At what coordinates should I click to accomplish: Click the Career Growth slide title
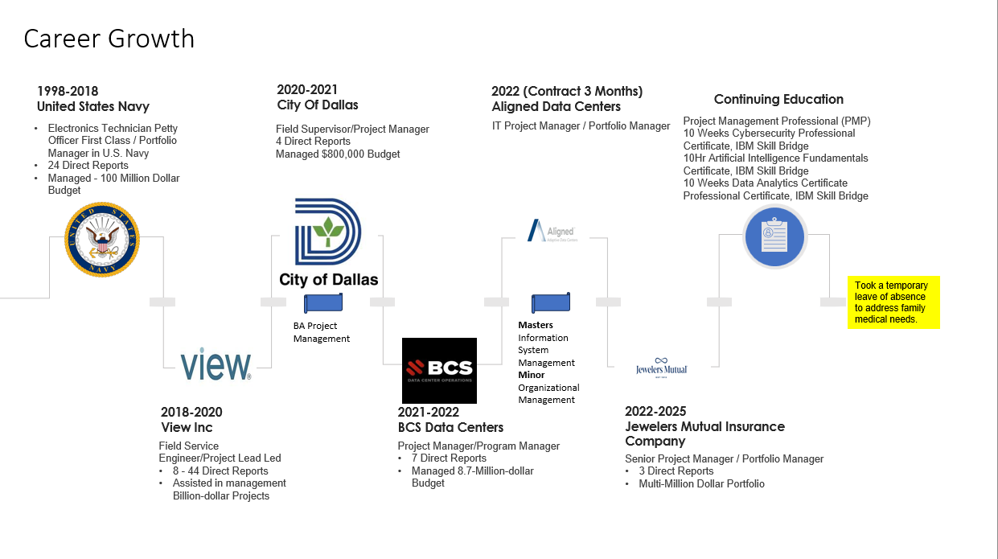(x=109, y=39)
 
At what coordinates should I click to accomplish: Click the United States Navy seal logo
(x=102, y=240)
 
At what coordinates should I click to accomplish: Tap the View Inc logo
(x=216, y=365)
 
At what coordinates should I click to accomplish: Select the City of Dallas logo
(x=328, y=243)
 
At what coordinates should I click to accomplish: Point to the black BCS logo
(x=439, y=370)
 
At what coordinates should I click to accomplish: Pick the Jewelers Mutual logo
(x=660, y=367)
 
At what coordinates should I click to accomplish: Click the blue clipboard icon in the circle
(x=774, y=236)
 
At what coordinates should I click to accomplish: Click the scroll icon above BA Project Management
(x=323, y=303)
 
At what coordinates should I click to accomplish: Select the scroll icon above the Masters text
(x=551, y=303)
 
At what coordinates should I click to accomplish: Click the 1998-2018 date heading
(x=68, y=91)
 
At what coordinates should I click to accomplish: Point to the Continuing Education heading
(x=778, y=99)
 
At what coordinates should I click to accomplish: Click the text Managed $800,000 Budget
(x=338, y=154)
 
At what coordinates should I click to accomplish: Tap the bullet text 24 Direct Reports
(x=88, y=166)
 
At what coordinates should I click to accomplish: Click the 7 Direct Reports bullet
(x=449, y=458)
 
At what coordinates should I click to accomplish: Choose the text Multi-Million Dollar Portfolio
(x=701, y=484)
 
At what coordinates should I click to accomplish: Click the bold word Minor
(x=532, y=375)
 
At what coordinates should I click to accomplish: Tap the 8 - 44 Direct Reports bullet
(x=220, y=471)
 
